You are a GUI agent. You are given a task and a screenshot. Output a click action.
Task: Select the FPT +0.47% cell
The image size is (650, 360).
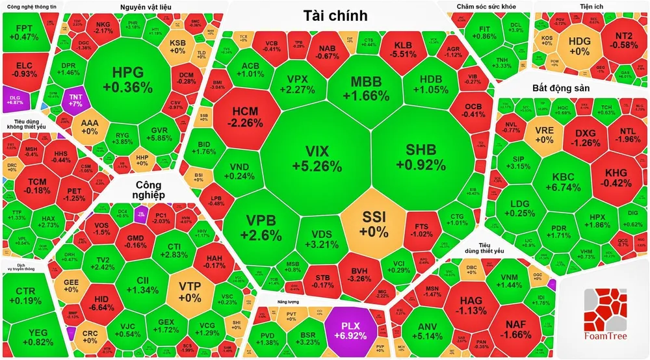click(x=27, y=32)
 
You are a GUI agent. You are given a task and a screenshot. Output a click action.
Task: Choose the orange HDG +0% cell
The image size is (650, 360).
click(x=578, y=45)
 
